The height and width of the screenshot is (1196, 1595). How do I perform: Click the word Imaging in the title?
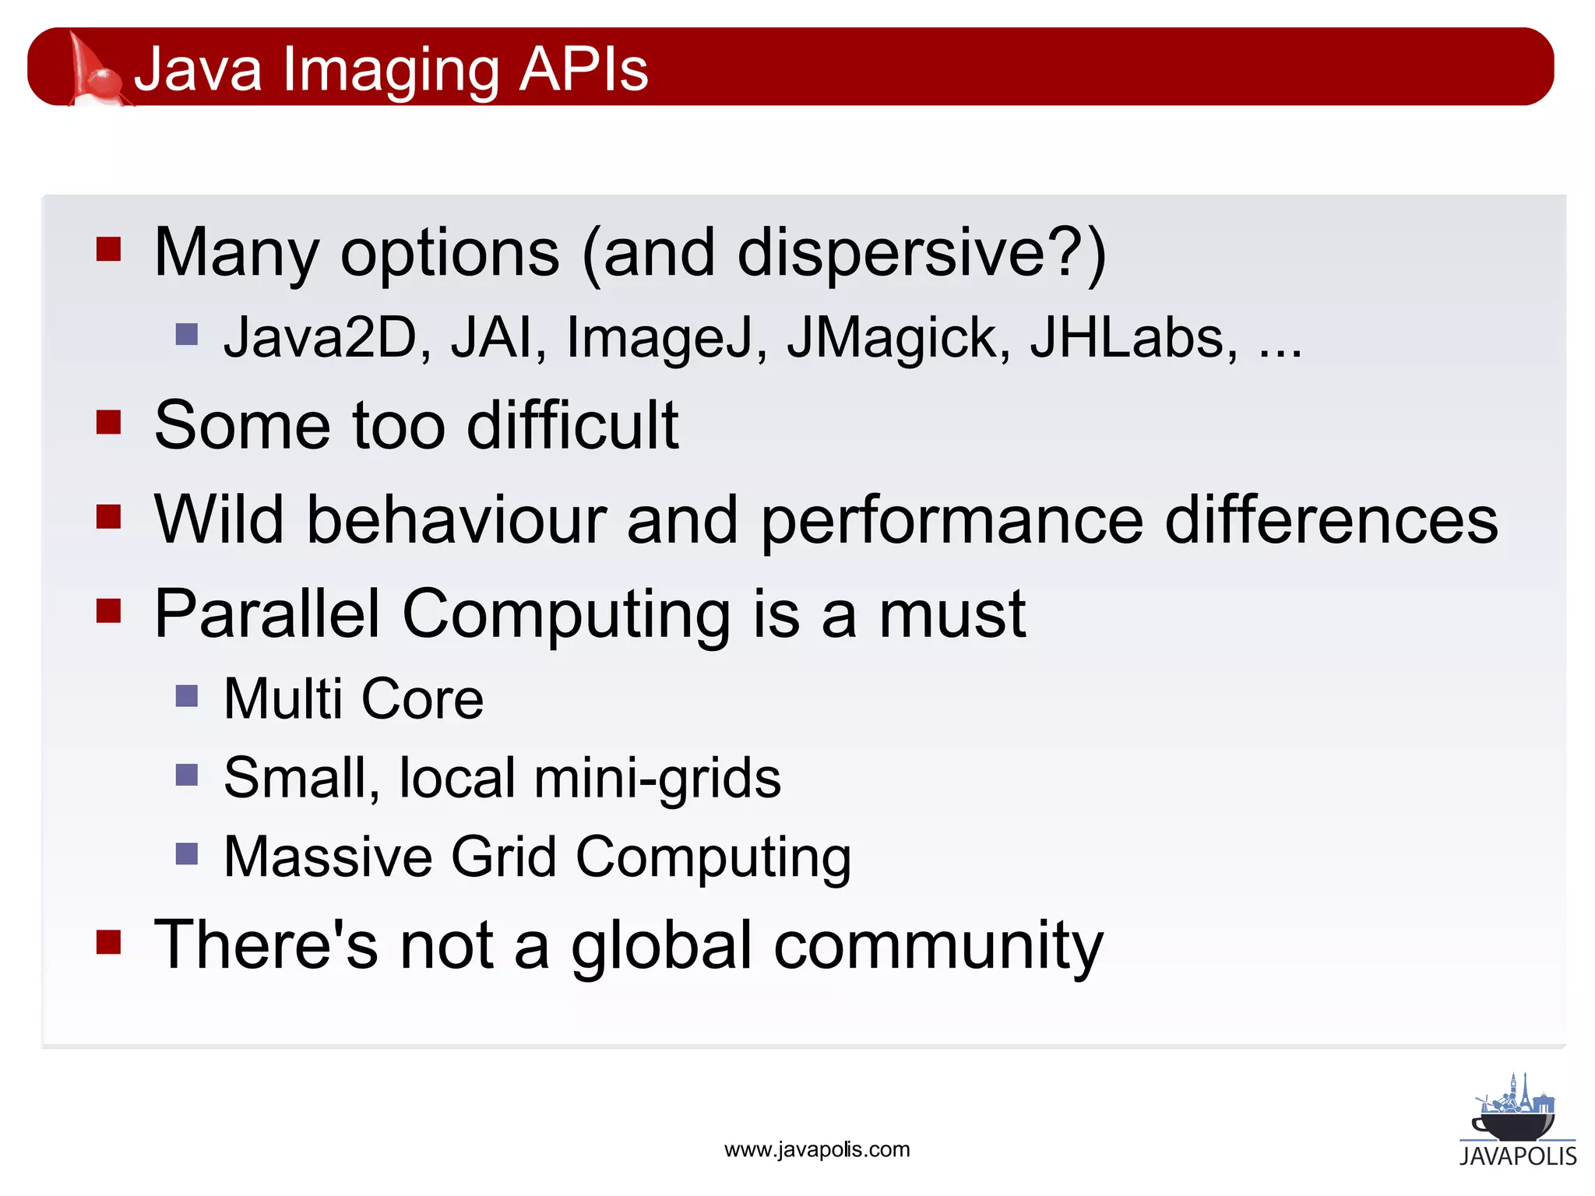coord(391,70)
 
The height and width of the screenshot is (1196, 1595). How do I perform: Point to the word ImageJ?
coord(666,338)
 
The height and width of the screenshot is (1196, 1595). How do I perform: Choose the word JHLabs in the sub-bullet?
coord(1133,338)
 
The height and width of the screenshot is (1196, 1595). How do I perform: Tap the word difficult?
coord(572,425)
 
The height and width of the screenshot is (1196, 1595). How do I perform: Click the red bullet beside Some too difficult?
coord(108,423)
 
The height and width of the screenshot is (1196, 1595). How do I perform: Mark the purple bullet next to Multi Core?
coord(187,695)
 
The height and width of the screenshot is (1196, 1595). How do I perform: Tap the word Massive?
coord(328,857)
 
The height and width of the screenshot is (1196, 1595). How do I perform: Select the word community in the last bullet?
coord(938,945)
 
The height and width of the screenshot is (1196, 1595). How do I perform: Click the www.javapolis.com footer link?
coord(817,1149)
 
